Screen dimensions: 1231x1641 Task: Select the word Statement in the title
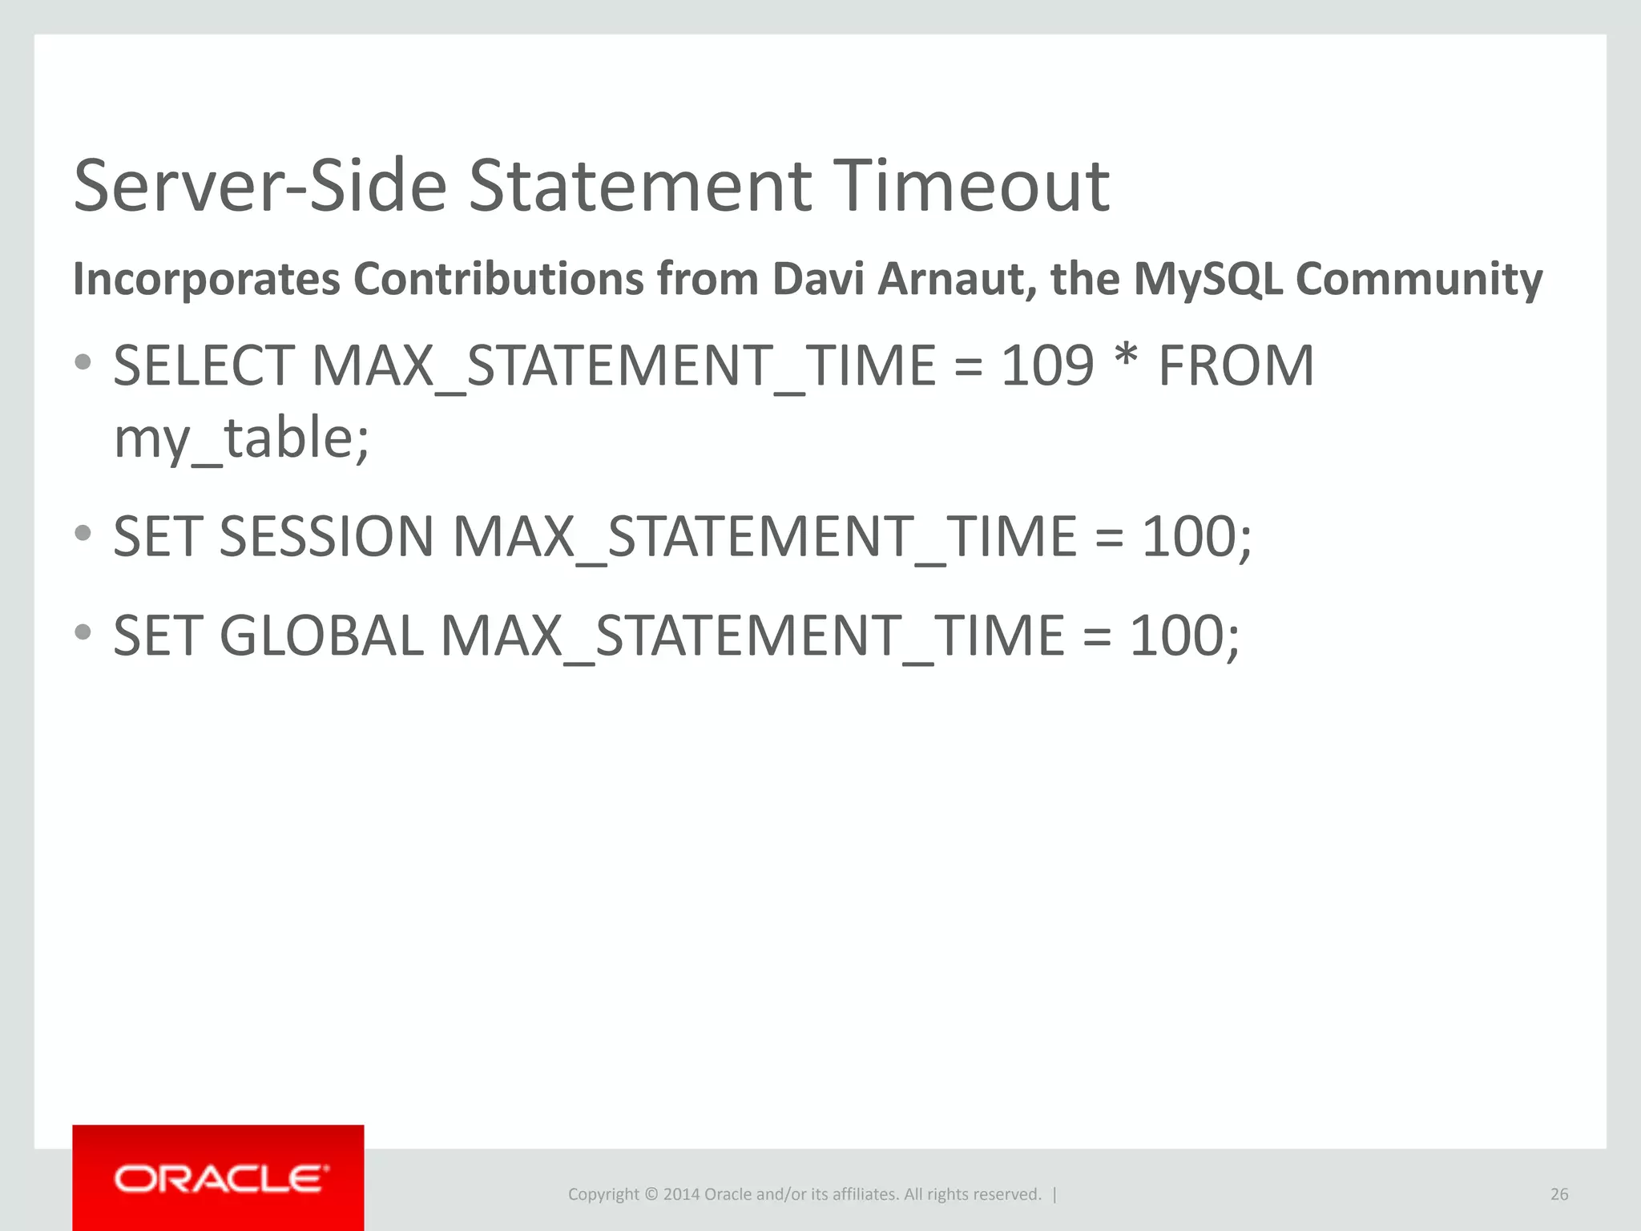click(x=639, y=186)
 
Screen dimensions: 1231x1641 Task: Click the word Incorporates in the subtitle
click(x=207, y=279)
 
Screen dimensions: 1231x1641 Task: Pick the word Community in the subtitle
click(x=1418, y=279)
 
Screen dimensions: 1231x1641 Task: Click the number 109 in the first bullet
click(x=1047, y=366)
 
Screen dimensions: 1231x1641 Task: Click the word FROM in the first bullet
click(x=1236, y=366)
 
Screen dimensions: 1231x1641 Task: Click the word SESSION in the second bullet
click(x=326, y=536)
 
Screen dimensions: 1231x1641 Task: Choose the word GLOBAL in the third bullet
click(x=321, y=636)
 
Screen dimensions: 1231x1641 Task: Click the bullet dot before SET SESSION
click(x=83, y=533)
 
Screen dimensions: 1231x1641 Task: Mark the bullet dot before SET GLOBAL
click(x=83, y=632)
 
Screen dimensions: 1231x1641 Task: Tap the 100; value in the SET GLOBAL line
click(x=1184, y=636)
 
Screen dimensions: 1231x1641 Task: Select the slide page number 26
click(x=1558, y=1194)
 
